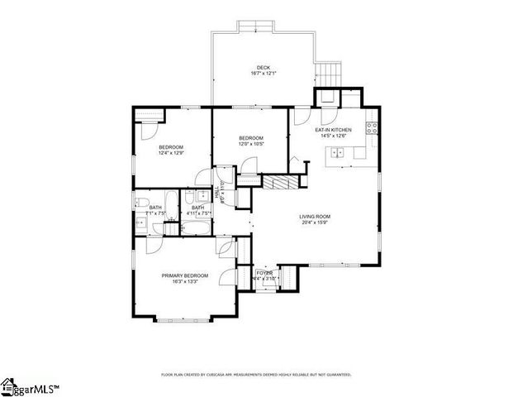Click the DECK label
pos(263,68)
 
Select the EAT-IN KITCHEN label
pos(333,130)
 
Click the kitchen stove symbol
pos(372,128)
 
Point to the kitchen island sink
pos(337,151)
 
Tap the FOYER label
pos(264,272)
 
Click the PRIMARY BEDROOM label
pos(184,275)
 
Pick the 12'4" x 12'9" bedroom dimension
pos(171,153)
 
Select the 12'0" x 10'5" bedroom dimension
pos(250,144)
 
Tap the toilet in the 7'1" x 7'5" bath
pos(142,204)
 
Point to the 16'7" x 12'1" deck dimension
pos(263,74)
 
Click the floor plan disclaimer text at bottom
pos(256,374)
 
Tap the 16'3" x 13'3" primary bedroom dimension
pos(184,282)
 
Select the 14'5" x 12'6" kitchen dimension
pos(333,136)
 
